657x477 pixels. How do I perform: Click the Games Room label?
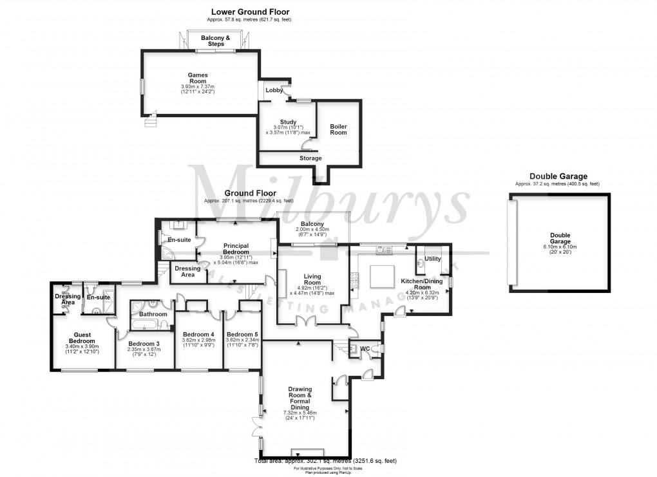[x=197, y=79]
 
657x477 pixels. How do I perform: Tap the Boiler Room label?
[x=338, y=129]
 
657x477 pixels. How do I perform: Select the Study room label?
[x=288, y=122]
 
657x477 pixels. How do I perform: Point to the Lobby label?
[x=274, y=90]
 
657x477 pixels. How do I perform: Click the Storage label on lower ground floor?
[x=310, y=158]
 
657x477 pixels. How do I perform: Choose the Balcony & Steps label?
[x=215, y=41]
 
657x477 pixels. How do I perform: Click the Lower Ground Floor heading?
[x=250, y=12]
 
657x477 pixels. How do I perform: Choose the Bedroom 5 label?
[x=242, y=334]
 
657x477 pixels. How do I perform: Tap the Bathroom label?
[x=153, y=314]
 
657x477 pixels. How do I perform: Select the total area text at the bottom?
[x=326, y=461]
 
